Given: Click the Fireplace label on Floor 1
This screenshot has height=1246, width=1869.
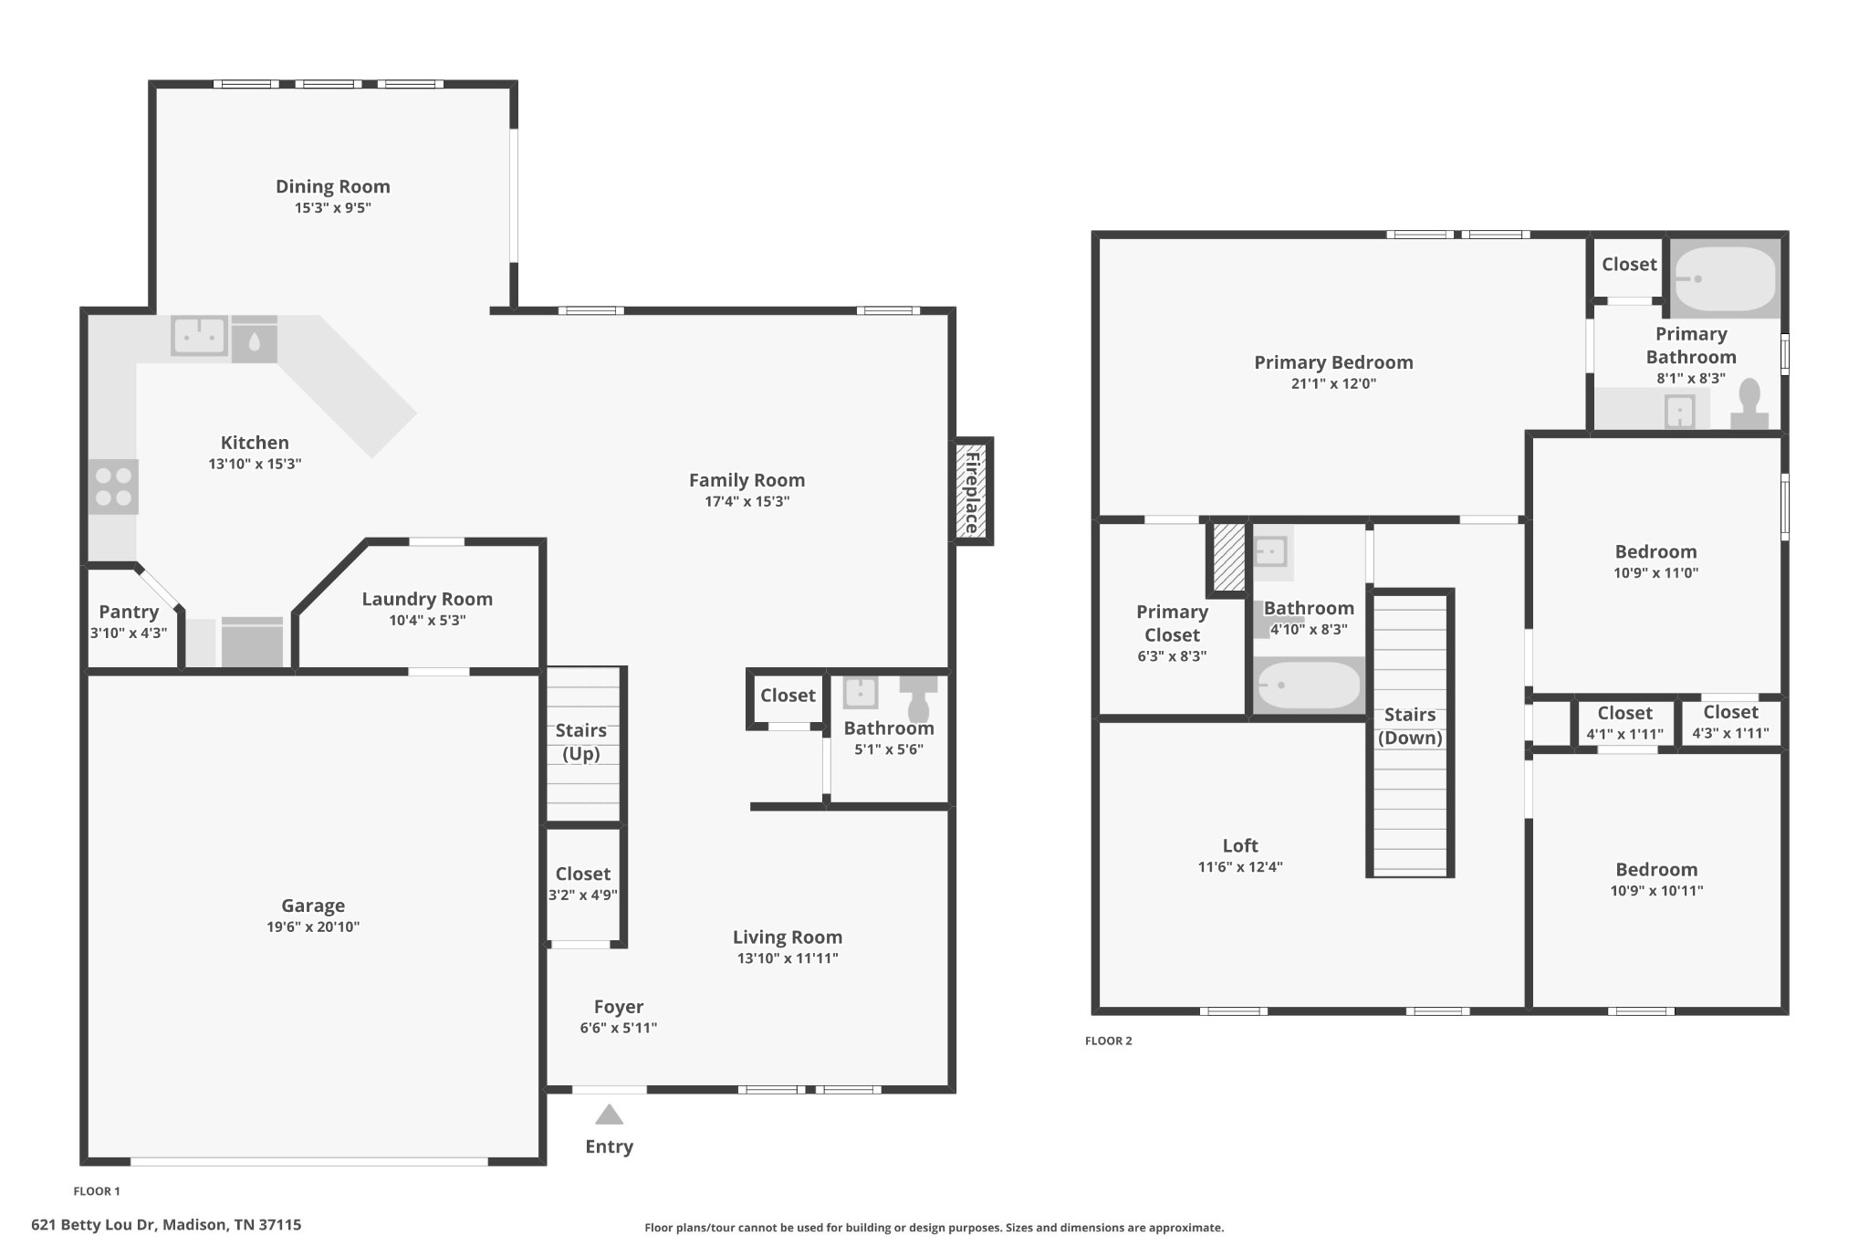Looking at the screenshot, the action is tap(973, 491).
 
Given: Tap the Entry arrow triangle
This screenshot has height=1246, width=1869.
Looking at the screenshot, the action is tap(609, 1115).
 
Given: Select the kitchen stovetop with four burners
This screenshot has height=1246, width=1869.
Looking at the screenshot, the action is tap(114, 487).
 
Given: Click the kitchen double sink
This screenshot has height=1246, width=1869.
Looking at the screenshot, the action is tap(199, 336).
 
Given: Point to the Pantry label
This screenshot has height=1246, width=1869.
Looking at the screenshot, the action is tap(129, 612).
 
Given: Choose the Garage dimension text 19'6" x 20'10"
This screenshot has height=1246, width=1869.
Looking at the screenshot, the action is tap(313, 927).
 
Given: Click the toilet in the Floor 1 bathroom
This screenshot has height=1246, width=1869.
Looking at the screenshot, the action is tap(918, 697).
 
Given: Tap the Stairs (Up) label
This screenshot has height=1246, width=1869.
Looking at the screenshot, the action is tap(581, 742).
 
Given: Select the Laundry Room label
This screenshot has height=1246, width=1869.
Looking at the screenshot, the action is tap(427, 600).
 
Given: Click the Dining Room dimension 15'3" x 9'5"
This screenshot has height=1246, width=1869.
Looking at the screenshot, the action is tap(332, 208).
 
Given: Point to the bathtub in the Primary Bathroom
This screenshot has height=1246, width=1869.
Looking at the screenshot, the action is tap(1726, 278).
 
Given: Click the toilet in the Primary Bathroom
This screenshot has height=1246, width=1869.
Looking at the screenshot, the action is tap(1749, 404).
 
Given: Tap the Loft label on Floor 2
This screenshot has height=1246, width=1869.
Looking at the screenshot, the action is tap(1240, 846).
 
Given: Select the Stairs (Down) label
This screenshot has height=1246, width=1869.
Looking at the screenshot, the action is tap(1410, 727).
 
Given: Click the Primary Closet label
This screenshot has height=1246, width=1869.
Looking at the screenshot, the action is tap(1173, 623).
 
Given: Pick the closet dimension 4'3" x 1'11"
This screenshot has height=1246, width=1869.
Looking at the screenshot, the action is tap(1730, 734).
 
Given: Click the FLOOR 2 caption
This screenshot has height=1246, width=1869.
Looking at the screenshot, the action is tap(1109, 1041).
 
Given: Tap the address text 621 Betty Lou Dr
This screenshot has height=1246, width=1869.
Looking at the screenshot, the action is tap(94, 1225).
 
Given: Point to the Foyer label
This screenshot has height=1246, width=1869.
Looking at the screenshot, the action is tap(619, 1007).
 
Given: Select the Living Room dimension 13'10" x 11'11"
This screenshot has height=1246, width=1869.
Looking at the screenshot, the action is tap(788, 958).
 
